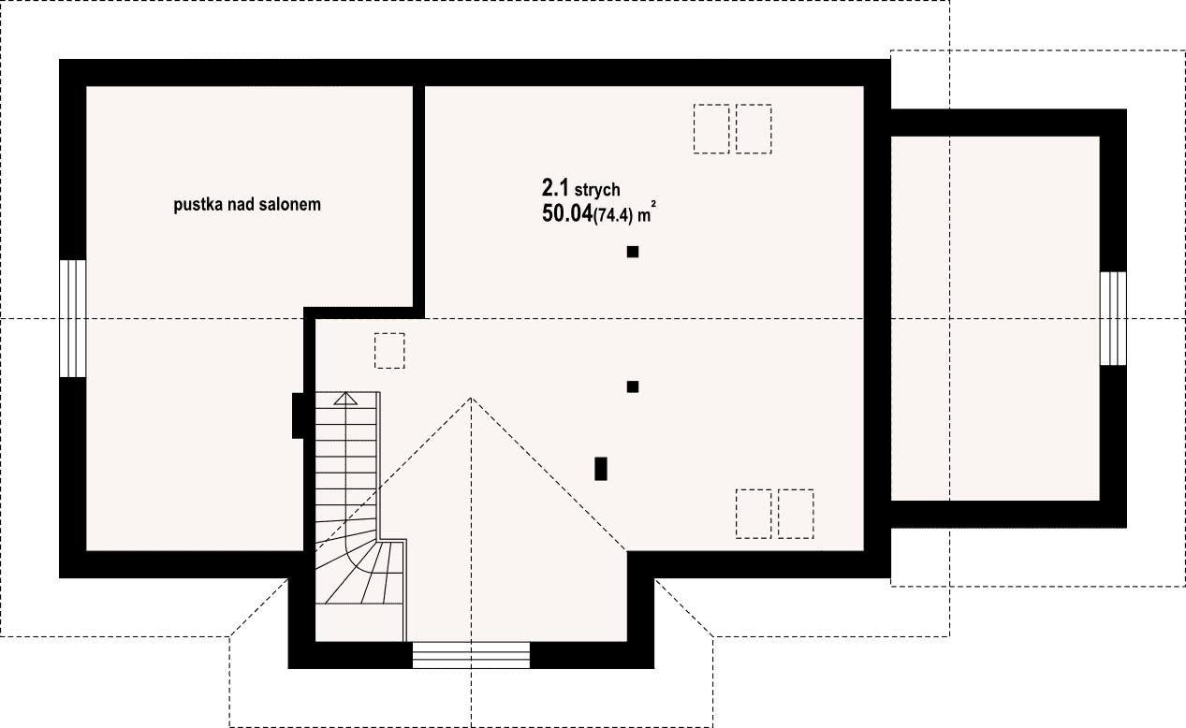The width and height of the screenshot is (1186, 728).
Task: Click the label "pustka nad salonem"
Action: pos(247,205)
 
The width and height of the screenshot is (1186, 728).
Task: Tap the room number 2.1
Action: pos(555,188)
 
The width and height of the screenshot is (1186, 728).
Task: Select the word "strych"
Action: pos(597,190)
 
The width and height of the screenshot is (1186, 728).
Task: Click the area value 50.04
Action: pos(567,213)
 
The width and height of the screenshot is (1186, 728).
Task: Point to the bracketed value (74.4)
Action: pos(613,215)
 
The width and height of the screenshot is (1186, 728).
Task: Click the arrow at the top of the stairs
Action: pos(345,398)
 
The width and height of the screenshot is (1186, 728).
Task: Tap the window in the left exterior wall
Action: pos(72,318)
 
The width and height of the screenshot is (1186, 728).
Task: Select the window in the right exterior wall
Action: pos(1113,318)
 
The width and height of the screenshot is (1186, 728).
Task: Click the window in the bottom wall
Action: pos(471,655)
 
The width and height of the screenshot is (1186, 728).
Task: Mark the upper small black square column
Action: pos(632,252)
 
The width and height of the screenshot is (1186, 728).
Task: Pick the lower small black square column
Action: pos(632,386)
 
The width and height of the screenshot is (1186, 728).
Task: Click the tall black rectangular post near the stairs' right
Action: pos(600,469)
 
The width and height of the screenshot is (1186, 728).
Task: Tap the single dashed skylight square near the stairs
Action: pos(389,351)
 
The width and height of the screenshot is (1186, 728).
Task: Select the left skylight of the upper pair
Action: pos(711,128)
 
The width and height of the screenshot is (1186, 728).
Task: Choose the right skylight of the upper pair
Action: pos(754,128)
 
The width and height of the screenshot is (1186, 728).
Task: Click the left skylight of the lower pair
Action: pos(754,514)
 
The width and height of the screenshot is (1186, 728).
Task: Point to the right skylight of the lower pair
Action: pos(796,514)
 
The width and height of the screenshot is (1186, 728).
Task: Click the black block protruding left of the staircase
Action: pos(298,415)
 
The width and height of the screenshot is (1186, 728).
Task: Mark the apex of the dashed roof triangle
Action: pos(471,398)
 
